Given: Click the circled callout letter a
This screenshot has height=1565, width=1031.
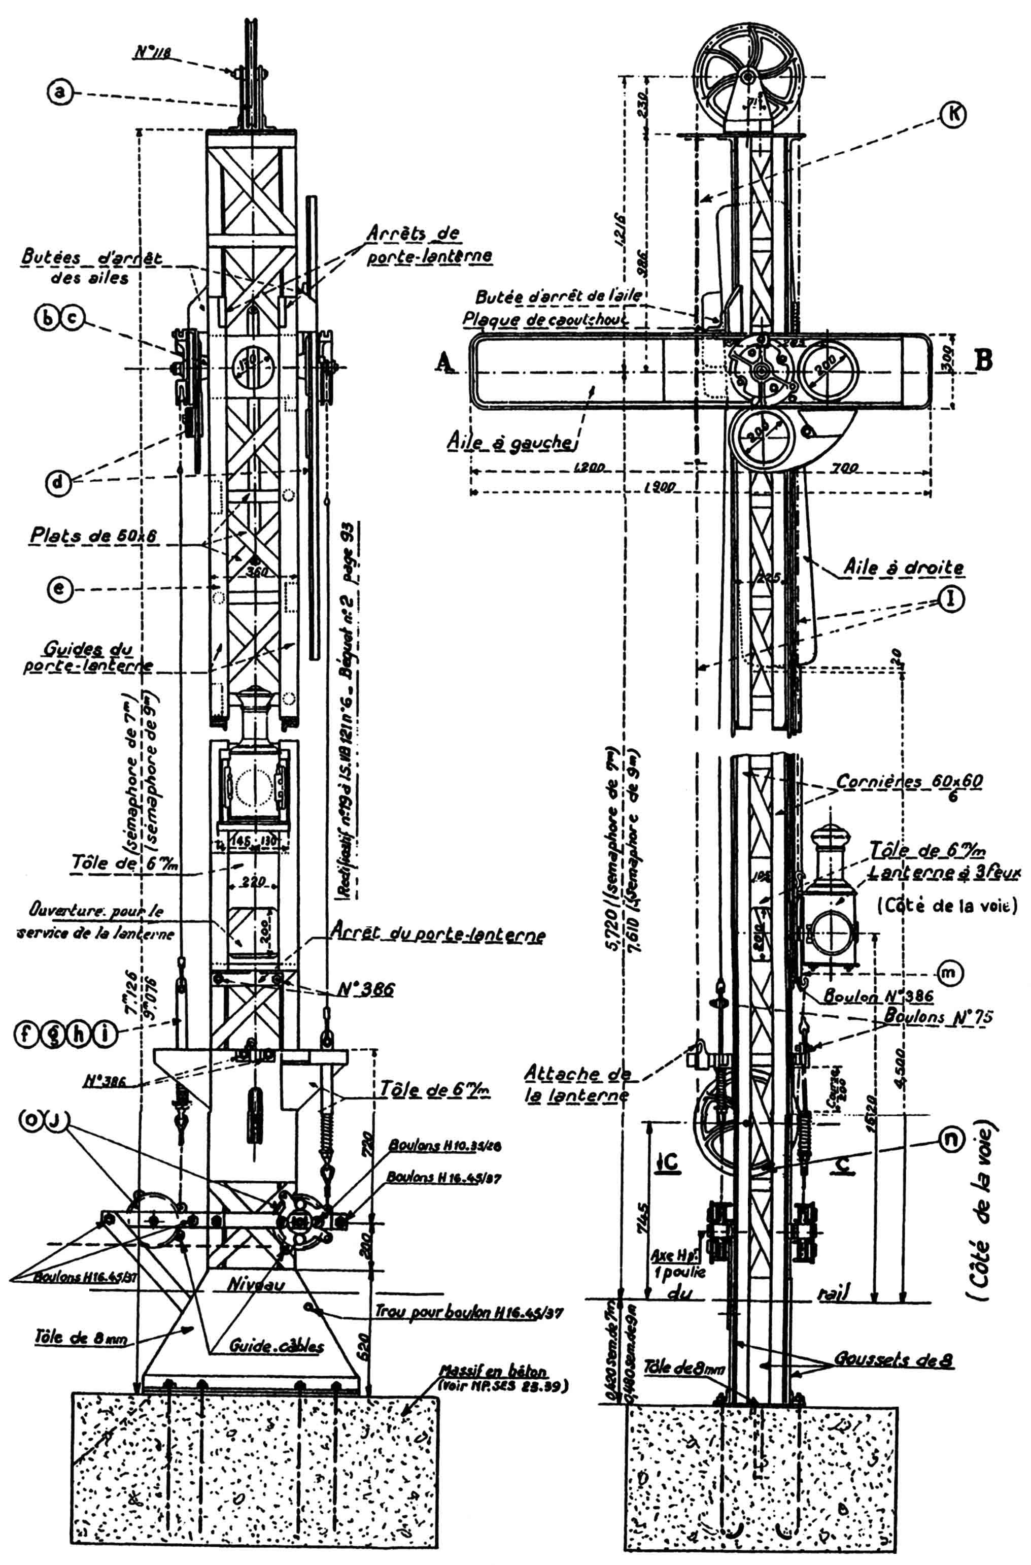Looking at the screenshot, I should (60, 93).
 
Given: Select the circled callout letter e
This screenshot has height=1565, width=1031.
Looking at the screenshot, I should (60, 589).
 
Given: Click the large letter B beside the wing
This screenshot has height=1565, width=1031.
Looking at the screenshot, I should (984, 361).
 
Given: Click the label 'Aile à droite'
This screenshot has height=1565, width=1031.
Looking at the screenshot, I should (904, 568).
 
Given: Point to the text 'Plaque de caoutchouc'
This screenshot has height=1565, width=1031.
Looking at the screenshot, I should (546, 319).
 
